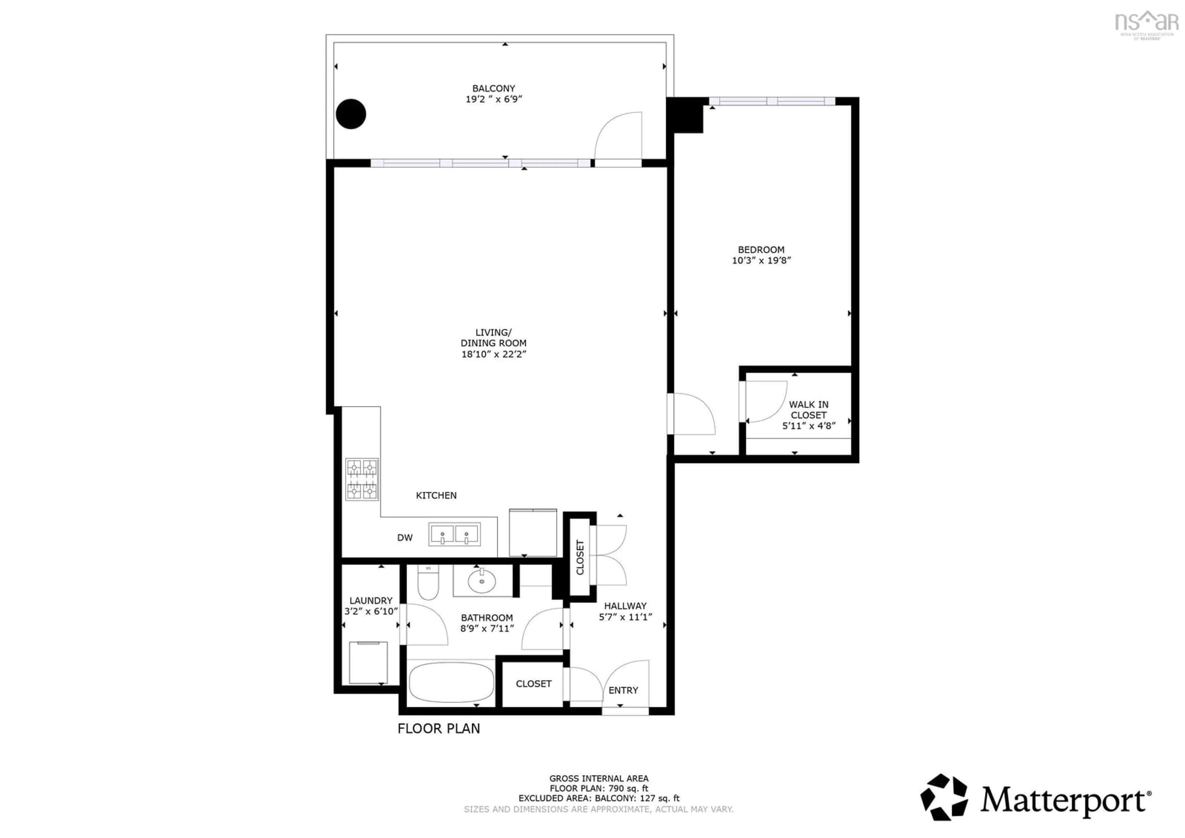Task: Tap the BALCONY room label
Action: tap(493, 88)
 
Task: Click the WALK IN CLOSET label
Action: tap(808, 409)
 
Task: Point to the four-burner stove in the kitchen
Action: tap(362, 479)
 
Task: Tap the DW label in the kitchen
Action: tap(405, 538)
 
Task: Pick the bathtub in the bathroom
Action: tap(451, 682)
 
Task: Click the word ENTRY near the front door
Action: tap(623, 690)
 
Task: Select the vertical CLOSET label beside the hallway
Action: tap(580, 557)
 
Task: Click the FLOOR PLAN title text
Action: tap(439, 728)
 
